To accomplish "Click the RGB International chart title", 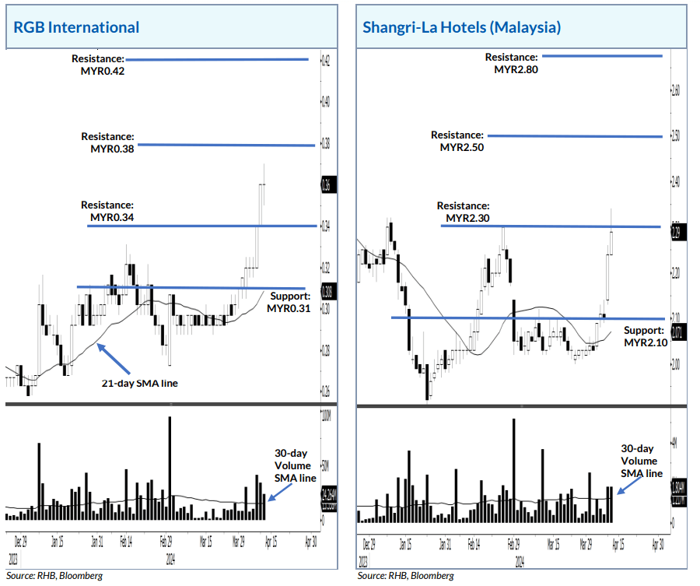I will pos(76,27).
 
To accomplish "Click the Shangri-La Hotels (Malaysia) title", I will pos(461,27).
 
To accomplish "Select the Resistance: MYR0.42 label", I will pos(98,65).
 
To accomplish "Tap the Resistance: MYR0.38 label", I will pos(107,142).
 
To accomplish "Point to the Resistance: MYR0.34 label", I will pos(107,212).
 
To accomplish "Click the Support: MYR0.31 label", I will pos(289,303).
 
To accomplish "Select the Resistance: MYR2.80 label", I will pos(511,63).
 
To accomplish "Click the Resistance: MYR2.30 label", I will pos(463,212).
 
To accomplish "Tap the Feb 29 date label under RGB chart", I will pos(167,538).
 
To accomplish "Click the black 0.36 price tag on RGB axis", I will pos(325,185).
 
